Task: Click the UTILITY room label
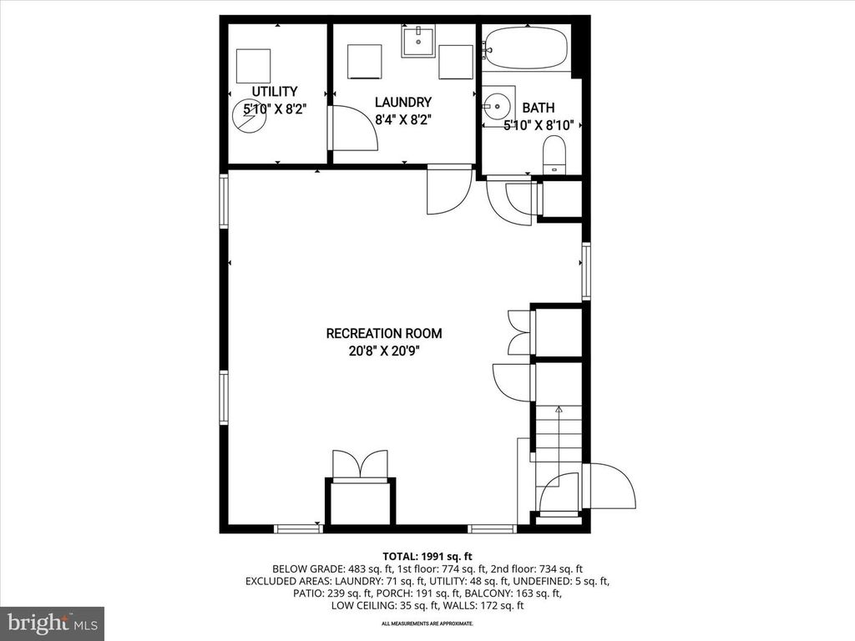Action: (x=275, y=91)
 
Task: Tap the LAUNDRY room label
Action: (x=402, y=102)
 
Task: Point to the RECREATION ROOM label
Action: (x=384, y=333)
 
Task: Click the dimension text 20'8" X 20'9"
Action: (x=384, y=351)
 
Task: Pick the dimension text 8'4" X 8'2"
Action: (x=402, y=119)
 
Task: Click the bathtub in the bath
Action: (x=525, y=48)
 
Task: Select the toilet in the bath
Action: (x=554, y=154)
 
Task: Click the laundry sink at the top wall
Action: (x=417, y=40)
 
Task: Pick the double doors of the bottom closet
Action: (x=360, y=464)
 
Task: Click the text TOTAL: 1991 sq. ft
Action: (x=427, y=555)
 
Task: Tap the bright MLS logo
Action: (x=52, y=623)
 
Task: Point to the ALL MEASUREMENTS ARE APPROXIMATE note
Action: (x=427, y=623)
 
